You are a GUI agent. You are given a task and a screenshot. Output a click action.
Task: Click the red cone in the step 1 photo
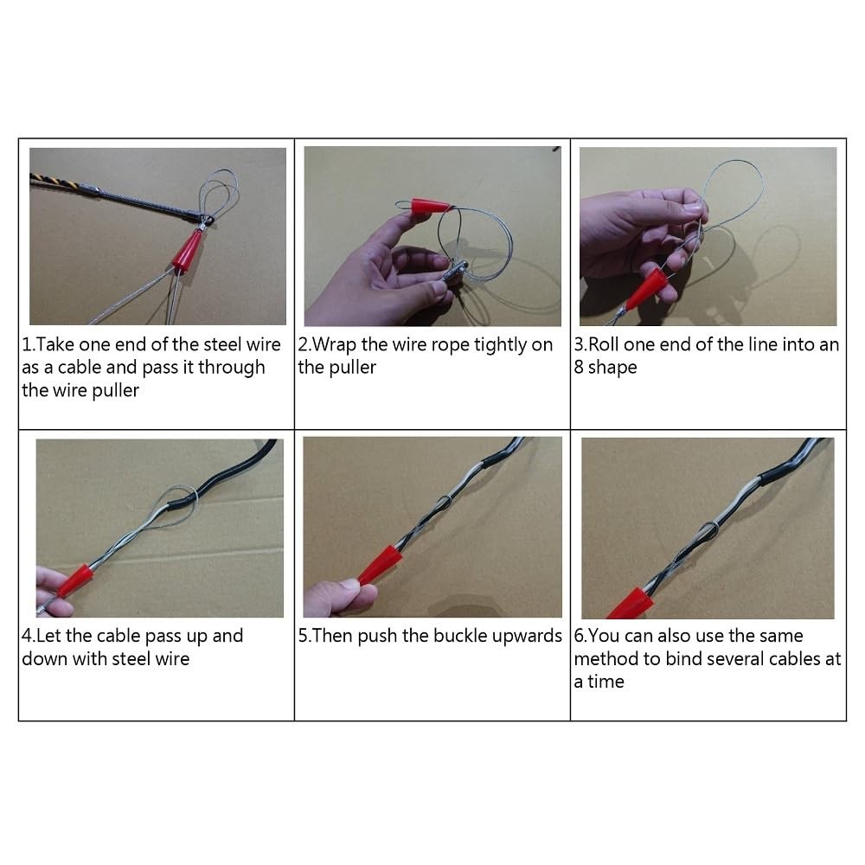tap(187, 252)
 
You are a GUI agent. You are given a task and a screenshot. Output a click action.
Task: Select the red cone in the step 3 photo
tap(645, 289)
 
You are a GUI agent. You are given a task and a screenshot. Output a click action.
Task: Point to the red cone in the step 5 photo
tap(380, 564)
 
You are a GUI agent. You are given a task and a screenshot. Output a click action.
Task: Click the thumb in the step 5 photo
tap(353, 593)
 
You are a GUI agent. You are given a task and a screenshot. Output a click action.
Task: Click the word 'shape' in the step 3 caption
tap(612, 368)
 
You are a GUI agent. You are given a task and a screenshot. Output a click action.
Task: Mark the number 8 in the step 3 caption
tap(579, 368)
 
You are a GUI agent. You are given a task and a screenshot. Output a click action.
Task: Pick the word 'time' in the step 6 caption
tap(605, 682)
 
